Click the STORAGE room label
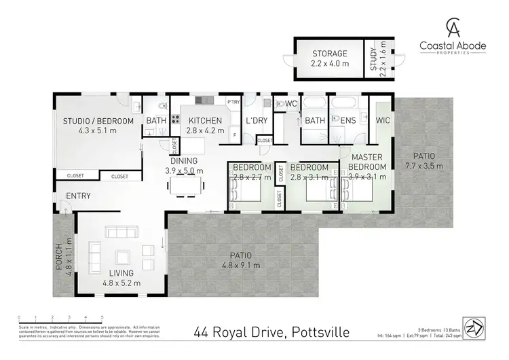[x=330, y=53]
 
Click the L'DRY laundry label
[x=257, y=120]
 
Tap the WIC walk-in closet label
[x=383, y=121]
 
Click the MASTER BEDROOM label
[x=367, y=162]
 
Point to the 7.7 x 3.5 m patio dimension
[x=423, y=165]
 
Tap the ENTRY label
[x=79, y=196]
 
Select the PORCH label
[x=59, y=253]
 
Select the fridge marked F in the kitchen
[x=234, y=135]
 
